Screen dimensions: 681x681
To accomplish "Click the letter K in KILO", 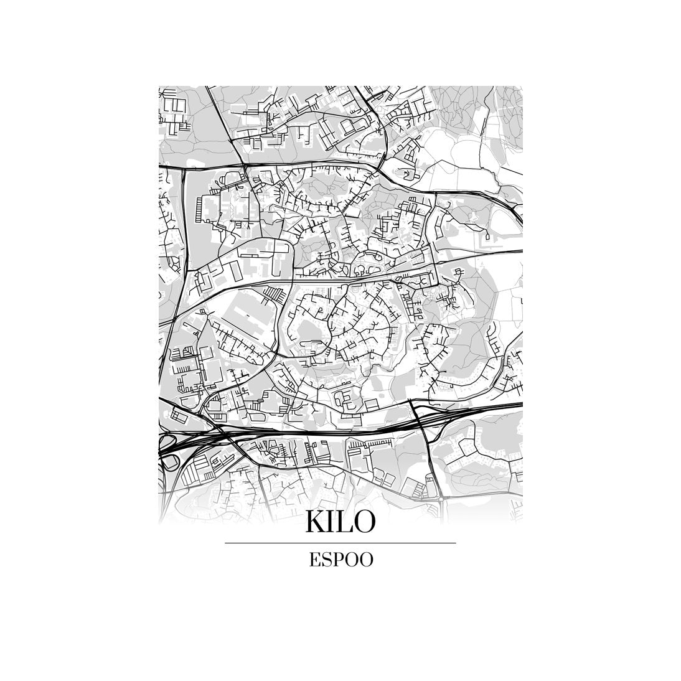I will pos(317,522).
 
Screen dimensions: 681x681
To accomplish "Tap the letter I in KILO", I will pos(335,522).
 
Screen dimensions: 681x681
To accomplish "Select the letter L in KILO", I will pos(347,522).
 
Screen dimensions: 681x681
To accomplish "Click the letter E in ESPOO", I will pos(315,560).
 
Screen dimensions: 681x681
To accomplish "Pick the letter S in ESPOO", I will pos(327,560).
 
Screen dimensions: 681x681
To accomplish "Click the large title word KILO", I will pos(340,522).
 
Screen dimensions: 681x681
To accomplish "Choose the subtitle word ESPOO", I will pos(340,560).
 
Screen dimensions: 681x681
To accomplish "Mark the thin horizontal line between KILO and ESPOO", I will pos(340,543).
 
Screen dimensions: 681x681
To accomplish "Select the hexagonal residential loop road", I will pos(344,398).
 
